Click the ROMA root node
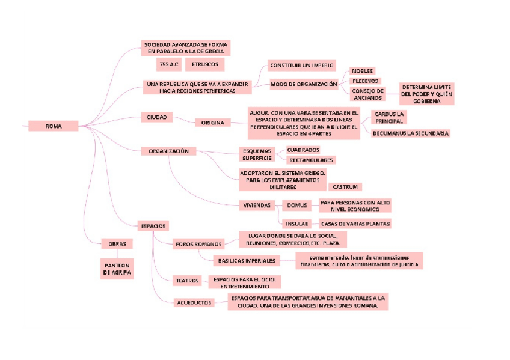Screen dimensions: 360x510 54,126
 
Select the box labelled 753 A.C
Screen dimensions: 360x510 168,63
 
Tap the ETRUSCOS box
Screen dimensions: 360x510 205,63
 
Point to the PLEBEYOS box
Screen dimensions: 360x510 365,81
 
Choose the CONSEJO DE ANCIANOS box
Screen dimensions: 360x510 367,94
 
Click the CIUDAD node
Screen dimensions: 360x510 156,117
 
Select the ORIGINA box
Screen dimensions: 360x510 212,123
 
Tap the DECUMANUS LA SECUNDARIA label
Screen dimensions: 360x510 410,133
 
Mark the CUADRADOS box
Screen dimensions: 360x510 303,150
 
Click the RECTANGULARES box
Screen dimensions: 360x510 311,160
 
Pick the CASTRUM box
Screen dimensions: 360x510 345,188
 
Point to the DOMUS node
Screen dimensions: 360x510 296,206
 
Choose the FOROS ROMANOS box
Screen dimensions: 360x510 198,245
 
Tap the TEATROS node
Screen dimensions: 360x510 186,281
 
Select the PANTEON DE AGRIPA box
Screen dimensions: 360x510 117,269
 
